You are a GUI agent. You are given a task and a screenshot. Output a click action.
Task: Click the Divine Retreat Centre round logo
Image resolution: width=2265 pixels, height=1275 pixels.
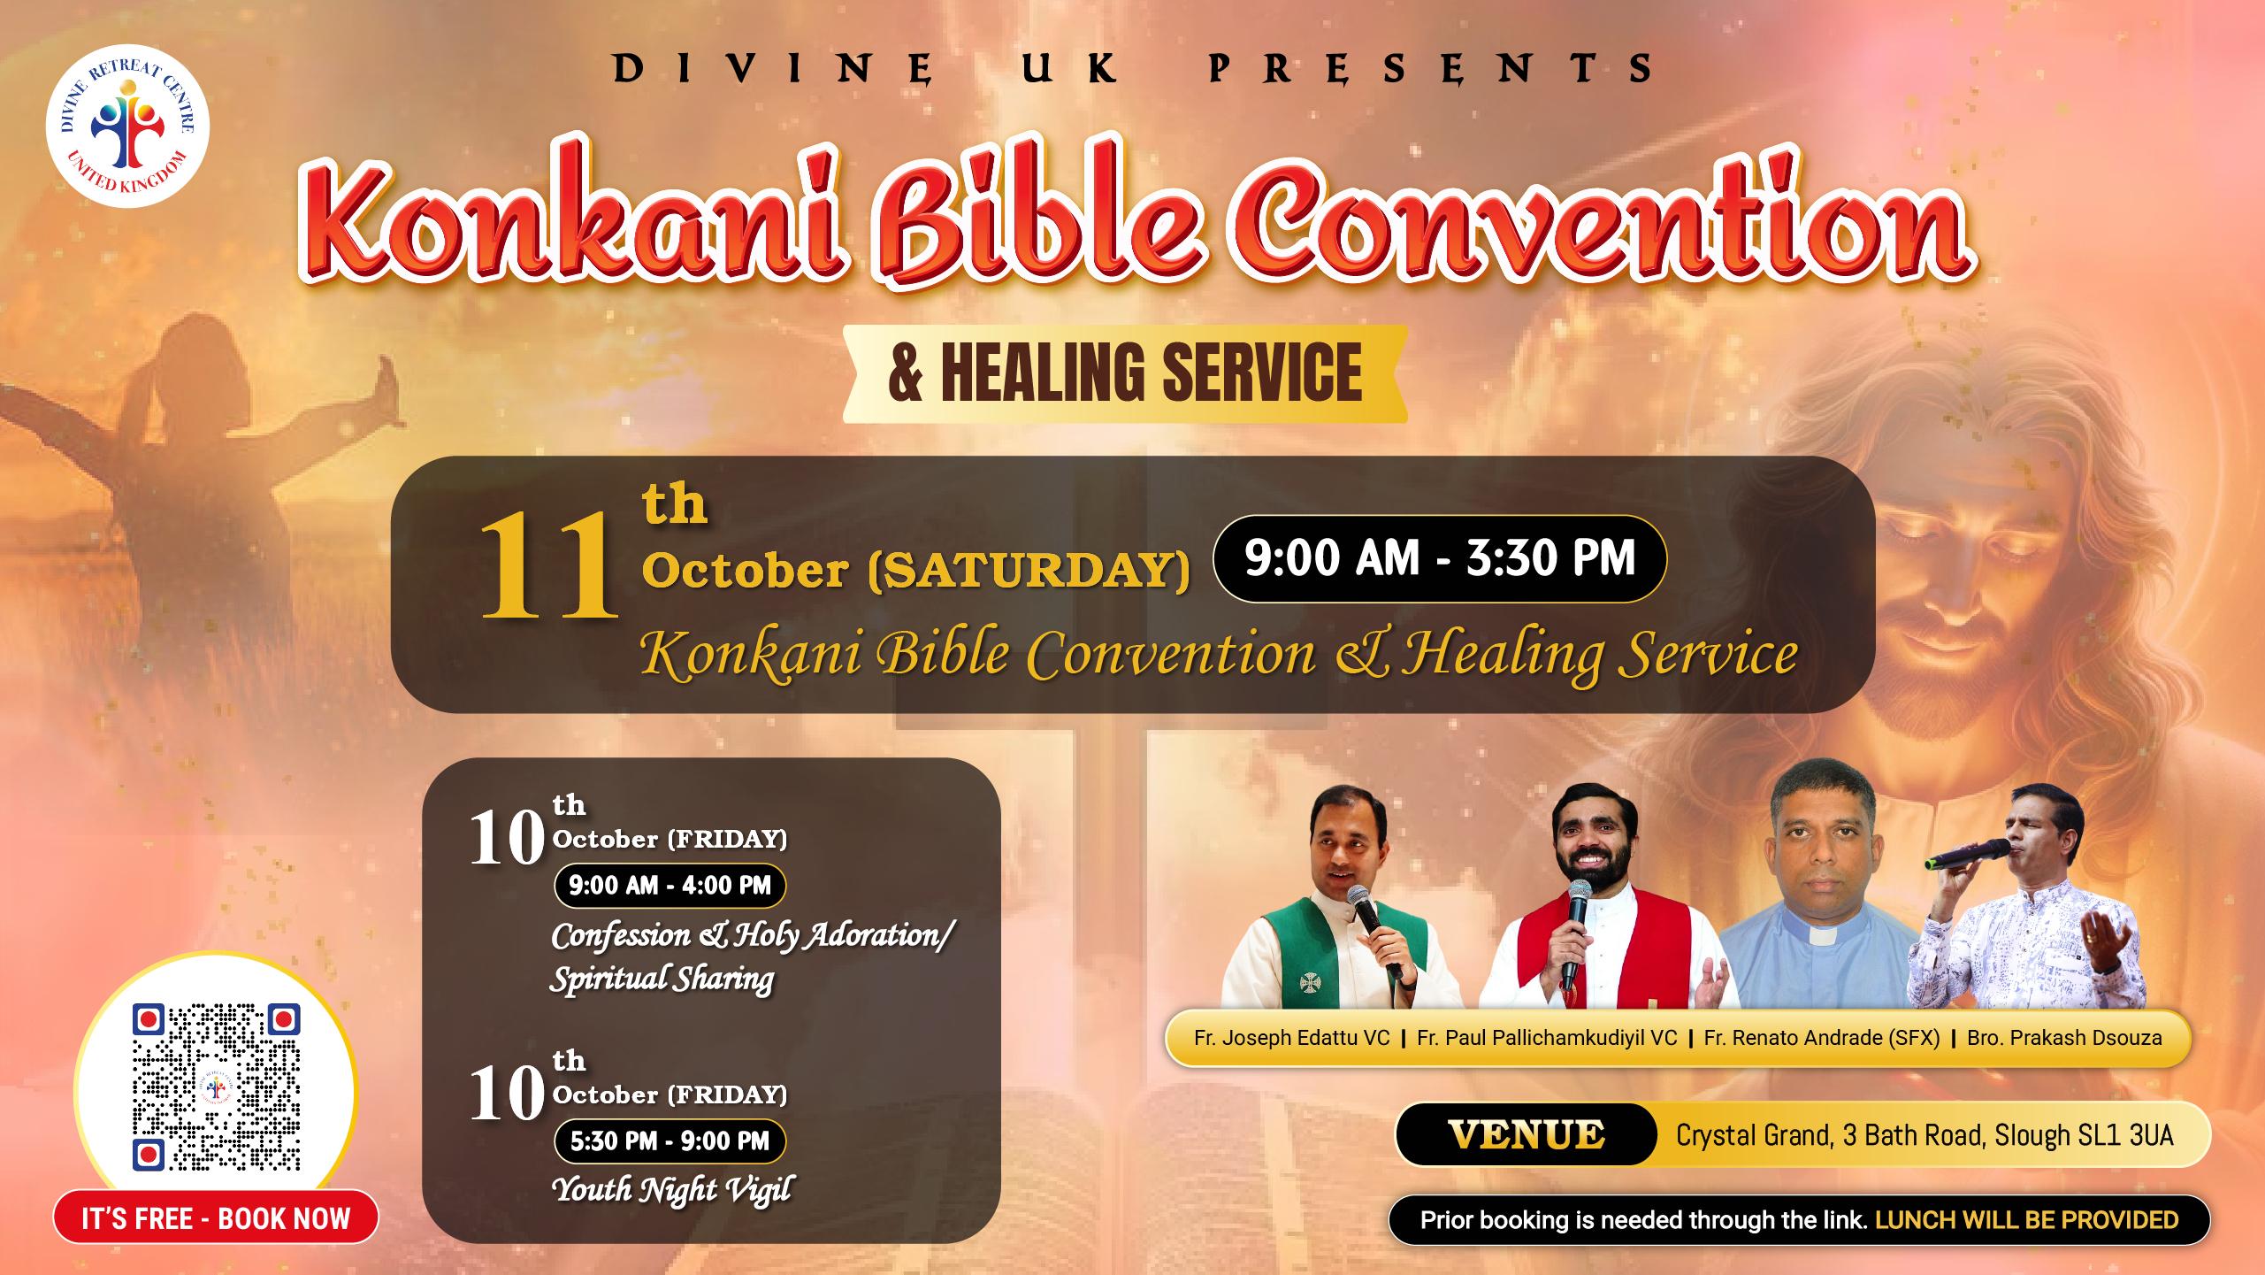pos(127,129)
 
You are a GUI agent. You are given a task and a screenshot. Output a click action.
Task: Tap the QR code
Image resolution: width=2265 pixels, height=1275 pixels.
pos(216,1087)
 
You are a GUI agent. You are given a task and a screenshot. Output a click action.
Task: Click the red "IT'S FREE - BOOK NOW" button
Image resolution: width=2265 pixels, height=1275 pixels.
pos(216,1218)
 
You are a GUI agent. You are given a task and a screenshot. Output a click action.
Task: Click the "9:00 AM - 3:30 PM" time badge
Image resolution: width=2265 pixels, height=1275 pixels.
pos(1440,559)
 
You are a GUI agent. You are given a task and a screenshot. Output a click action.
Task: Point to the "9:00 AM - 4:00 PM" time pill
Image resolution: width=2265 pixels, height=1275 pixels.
pos(670,886)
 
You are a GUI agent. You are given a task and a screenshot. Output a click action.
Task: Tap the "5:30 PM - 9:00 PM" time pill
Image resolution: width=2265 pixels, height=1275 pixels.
pos(670,1141)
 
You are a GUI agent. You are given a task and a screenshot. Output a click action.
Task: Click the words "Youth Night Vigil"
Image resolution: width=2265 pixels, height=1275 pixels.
pos(671,1190)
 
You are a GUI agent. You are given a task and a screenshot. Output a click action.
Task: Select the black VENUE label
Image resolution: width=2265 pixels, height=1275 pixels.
pos(1526,1134)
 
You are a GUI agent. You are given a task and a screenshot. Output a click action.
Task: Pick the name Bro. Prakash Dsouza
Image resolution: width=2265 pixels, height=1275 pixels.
pos(2064,1038)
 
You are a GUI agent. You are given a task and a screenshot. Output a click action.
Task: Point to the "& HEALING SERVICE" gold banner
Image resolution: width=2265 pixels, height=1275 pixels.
pos(1125,373)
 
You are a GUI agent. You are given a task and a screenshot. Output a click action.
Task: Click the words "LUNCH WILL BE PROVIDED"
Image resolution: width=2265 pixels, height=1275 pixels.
pos(2026,1220)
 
